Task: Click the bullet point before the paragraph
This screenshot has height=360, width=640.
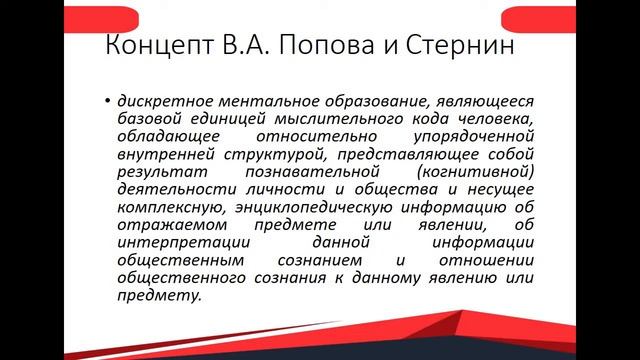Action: point(106,102)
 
